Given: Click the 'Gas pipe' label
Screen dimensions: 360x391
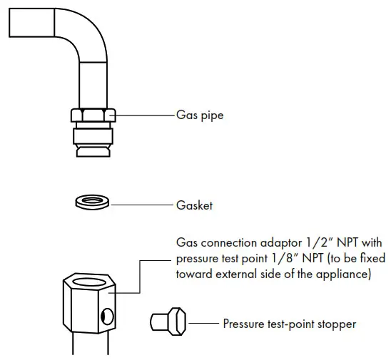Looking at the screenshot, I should pyautogui.click(x=200, y=114).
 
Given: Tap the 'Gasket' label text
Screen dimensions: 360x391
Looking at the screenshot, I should pyautogui.click(x=195, y=205).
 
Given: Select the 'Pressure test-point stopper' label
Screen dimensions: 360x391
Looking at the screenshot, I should pyautogui.click(x=289, y=324).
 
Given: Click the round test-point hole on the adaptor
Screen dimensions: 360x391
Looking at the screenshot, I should pyautogui.click(x=106, y=315).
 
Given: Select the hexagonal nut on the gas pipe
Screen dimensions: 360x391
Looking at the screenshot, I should pyautogui.click(x=91, y=115).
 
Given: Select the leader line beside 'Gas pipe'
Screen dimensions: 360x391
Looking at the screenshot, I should pyautogui.click(x=143, y=114).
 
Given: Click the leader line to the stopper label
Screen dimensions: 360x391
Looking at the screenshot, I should pyautogui.click(x=203, y=323).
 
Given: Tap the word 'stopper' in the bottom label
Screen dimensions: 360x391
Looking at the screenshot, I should pyautogui.click(x=336, y=324).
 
